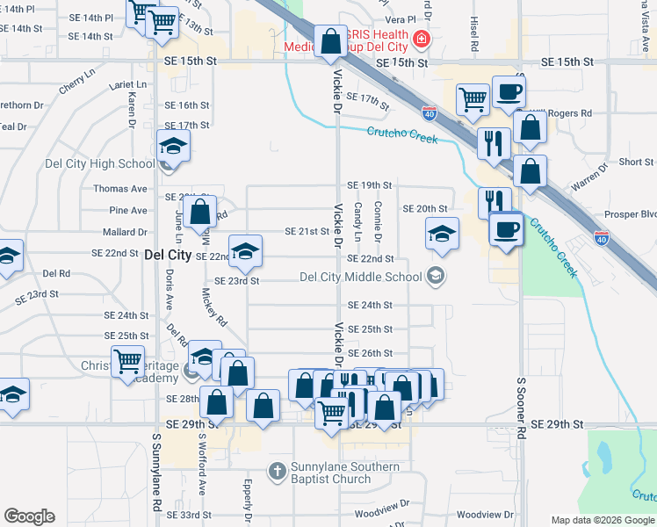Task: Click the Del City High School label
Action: tap(100, 163)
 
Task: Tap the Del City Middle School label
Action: tap(360, 277)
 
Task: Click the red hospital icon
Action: tap(422, 39)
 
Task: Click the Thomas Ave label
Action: tap(120, 189)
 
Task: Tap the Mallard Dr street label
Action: tap(124, 233)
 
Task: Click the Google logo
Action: tap(29, 516)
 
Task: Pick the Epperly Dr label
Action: tap(249, 492)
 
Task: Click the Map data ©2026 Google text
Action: tap(602, 520)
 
